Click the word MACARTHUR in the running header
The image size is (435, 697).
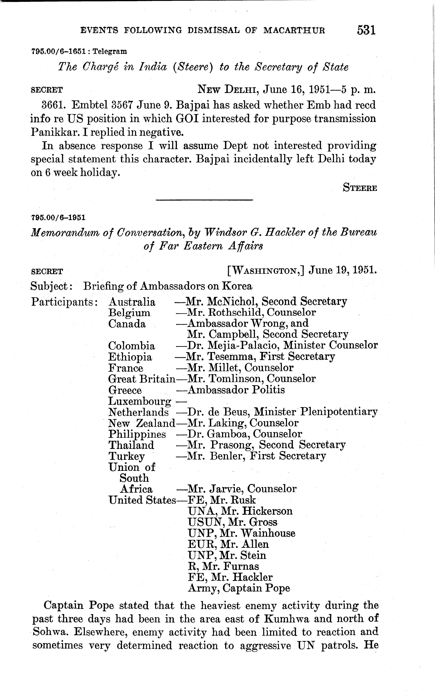point(294,30)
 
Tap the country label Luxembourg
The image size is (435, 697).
point(139,401)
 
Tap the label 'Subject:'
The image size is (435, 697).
point(51,286)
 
